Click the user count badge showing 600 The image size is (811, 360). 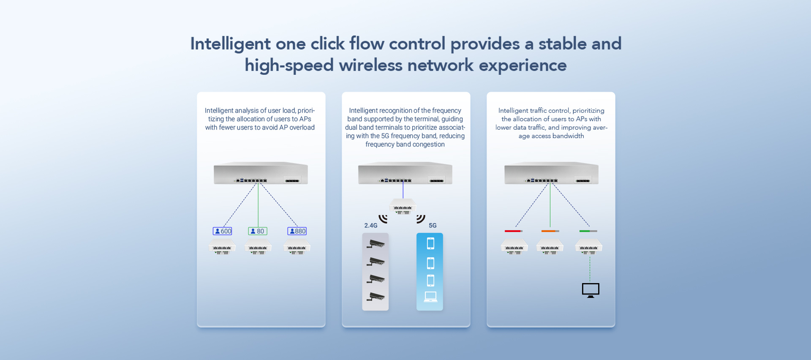coord(223,231)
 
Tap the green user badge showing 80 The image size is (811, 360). coord(258,231)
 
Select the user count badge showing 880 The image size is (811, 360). coord(297,231)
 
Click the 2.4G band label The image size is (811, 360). coord(371,226)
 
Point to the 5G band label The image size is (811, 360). coord(433,226)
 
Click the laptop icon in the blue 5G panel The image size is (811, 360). coord(430,297)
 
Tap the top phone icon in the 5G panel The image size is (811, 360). coord(430,243)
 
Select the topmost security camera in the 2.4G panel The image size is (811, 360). coord(376,244)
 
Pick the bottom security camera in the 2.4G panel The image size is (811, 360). coord(376,297)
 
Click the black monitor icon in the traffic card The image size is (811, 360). coord(591,290)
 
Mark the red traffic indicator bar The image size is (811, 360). coord(513,231)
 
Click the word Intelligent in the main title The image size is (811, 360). coord(230,44)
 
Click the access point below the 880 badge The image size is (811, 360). coord(297,247)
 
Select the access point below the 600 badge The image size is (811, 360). coord(222,247)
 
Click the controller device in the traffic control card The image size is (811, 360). coord(551,173)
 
